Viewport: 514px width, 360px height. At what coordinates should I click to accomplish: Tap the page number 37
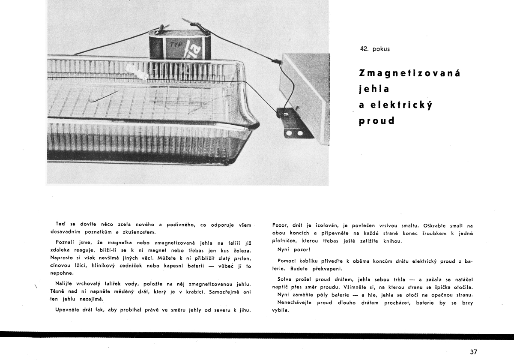473,352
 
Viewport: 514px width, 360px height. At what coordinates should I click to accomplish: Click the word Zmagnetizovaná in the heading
409,73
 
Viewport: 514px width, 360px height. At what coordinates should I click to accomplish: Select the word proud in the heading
377,120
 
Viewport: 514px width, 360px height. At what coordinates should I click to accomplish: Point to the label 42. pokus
375,49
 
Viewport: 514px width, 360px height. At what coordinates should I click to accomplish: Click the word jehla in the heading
374,89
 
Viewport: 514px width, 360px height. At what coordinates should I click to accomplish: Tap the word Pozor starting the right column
280,225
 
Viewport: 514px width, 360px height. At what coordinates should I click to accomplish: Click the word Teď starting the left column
60,225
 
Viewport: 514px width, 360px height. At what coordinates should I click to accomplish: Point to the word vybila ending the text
281,310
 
